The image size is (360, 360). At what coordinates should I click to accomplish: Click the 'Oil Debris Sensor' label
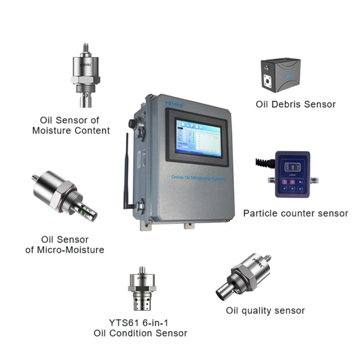point(295,104)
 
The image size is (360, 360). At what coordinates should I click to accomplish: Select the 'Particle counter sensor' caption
point(295,213)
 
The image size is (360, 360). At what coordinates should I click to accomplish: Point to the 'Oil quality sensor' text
point(265,310)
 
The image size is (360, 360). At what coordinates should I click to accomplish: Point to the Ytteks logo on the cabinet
point(157,102)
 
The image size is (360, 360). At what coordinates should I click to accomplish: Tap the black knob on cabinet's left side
point(131,123)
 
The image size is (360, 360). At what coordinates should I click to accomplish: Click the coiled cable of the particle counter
point(263,163)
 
